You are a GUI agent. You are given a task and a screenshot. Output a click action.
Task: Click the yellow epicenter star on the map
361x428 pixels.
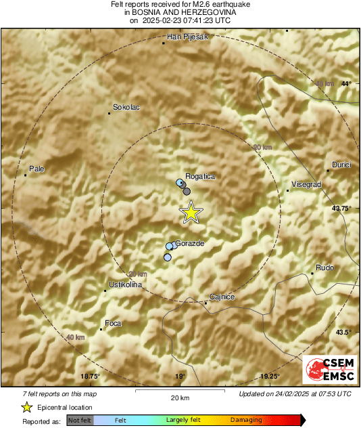click(x=191, y=213)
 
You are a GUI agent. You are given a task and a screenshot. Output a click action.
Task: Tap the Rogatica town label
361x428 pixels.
click(x=201, y=177)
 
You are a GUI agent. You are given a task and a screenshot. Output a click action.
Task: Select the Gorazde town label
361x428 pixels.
click(x=189, y=242)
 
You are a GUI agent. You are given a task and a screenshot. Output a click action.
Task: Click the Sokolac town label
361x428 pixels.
click(x=126, y=107)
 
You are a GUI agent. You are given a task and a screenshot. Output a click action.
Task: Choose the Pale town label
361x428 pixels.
click(x=36, y=169)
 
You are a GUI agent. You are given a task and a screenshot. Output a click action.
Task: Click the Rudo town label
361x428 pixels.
click(x=325, y=266)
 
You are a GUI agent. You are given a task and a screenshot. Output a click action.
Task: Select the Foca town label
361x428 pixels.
click(x=113, y=324)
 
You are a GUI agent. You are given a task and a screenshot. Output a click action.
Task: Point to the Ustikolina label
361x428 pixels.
click(x=125, y=285)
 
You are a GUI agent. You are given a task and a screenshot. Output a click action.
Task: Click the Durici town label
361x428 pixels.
click(x=341, y=165)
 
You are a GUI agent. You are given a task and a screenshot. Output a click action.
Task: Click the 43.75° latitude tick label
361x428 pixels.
click(x=341, y=209)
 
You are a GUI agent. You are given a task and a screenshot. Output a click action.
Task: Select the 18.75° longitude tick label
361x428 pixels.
click(x=90, y=377)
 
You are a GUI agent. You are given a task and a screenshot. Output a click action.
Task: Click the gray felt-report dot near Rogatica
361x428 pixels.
click(x=187, y=192)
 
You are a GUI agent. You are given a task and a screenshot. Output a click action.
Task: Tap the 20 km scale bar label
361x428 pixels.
click(x=179, y=398)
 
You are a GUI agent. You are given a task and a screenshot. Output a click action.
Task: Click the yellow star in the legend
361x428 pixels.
click(x=27, y=407)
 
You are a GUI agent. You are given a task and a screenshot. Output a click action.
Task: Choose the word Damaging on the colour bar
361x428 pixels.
click(x=245, y=421)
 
